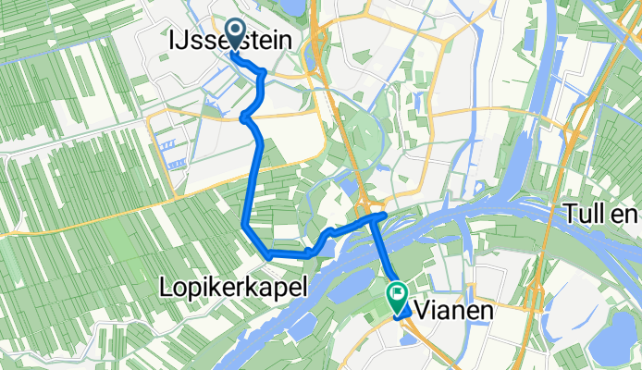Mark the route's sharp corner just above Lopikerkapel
tap(243, 225)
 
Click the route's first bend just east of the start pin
tap(265, 71)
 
